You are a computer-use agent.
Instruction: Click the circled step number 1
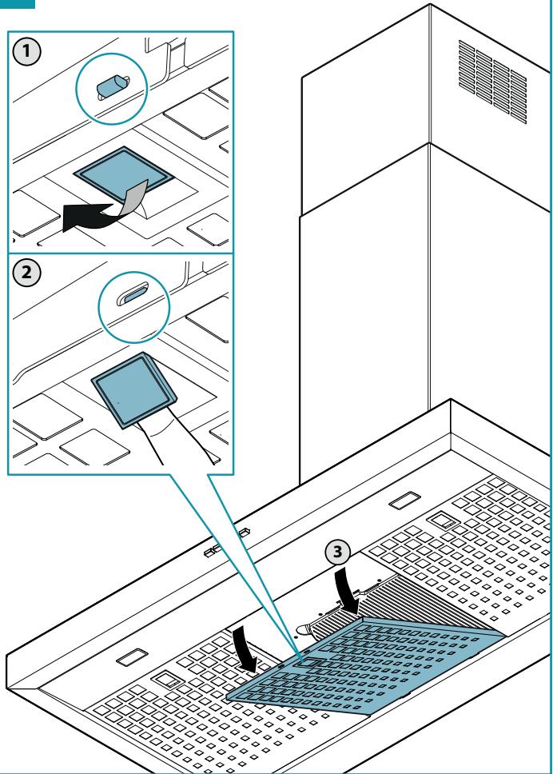[x=26, y=51]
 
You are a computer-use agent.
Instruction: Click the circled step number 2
[x=26, y=273]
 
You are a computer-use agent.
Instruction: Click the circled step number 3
[x=337, y=552]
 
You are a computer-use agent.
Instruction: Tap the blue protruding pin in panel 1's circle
[x=112, y=87]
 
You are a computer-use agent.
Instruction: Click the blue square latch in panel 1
[x=123, y=174]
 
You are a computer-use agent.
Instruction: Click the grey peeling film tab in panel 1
[x=133, y=197]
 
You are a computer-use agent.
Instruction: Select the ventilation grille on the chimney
[x=492, y=82]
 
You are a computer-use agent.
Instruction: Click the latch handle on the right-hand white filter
[x=443, y=521]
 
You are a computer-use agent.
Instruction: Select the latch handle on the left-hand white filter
[x=169, y=680]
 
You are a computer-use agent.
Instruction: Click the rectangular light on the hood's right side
[x=404, y=500]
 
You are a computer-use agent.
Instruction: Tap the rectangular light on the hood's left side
[x=132, y=657]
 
